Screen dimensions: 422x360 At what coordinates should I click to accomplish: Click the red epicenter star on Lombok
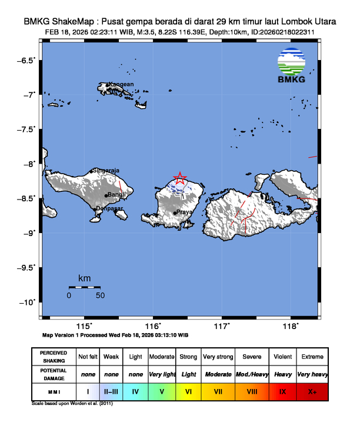click(x=180, y=178)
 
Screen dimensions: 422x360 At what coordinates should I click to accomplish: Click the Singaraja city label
click(x=106, y=171)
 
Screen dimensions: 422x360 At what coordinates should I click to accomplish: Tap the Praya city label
click(x=185, y=212)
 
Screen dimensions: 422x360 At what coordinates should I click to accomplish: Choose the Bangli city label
click(x=116, y=195)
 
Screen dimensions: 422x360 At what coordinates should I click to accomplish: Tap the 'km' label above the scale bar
click(x=84, y=278)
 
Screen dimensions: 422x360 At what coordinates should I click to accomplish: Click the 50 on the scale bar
click(x=100, y=295)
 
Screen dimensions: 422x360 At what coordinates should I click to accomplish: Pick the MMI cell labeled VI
click(x=189, y=390)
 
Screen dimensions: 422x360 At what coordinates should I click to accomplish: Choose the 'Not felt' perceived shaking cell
click(x=88, y=357)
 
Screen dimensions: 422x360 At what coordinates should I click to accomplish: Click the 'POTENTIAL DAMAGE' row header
click(x=54, y=374)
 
